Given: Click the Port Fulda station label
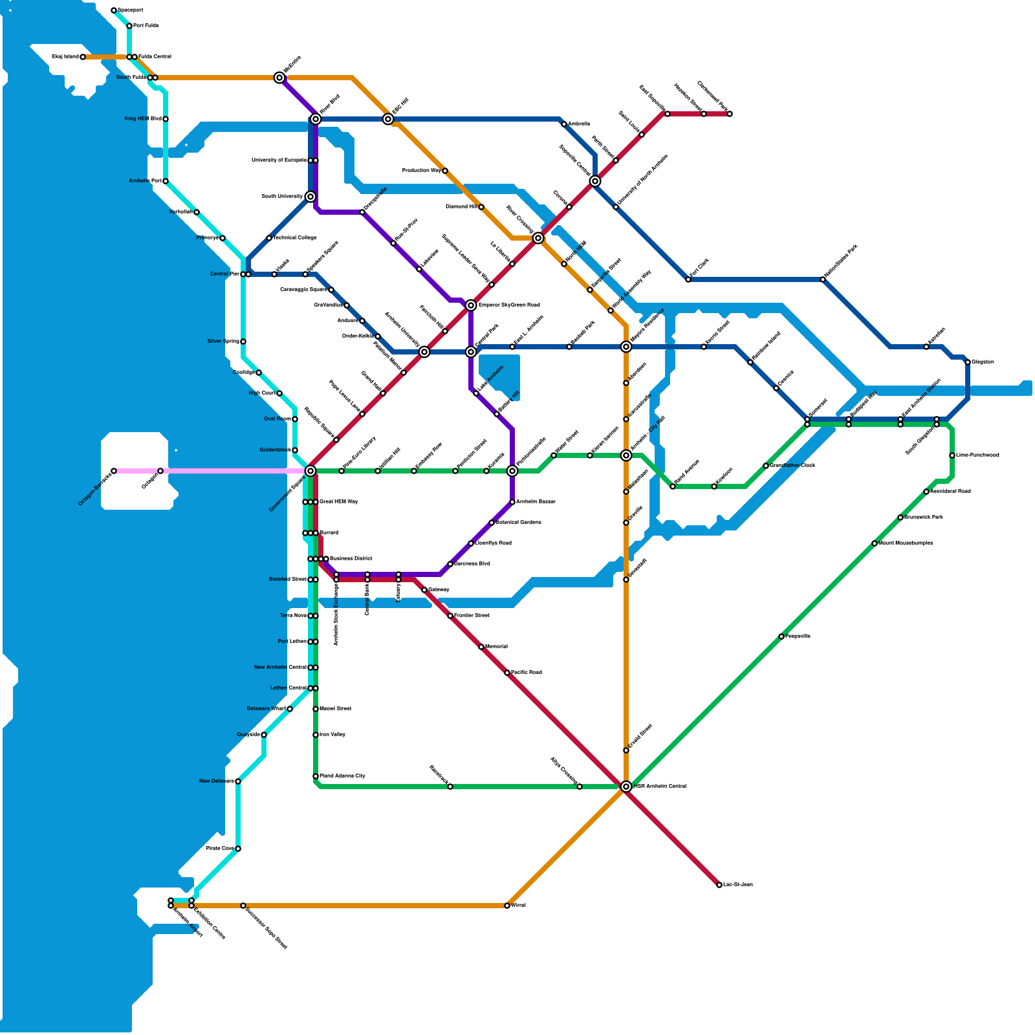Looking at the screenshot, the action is (146, 26).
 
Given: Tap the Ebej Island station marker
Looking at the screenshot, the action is (83, 57).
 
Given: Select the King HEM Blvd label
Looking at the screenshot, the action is (143, 119).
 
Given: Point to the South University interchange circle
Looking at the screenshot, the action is (310, 197).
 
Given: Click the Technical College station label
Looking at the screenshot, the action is (295, 238).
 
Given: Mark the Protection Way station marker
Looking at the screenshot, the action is (445, 171).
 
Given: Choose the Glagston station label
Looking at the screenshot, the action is (983, 362).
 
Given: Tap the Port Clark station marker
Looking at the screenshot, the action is (688, 279).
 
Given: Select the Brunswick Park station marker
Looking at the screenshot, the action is (900, 517).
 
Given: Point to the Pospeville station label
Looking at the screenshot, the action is (798, 637).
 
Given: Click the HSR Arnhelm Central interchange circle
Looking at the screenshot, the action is (626, 787).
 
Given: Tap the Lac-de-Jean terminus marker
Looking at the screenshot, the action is (719, 885).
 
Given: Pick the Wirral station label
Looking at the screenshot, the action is (518, 906).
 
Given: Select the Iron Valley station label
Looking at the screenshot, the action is (332, 735).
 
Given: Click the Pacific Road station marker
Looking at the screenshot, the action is (507, 673).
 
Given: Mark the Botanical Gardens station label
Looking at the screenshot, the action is (518, 523).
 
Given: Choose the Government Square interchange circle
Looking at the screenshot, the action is (310, 471).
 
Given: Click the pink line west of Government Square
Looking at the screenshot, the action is (233, 471).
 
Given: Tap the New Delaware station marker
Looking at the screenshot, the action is (238, 781).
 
